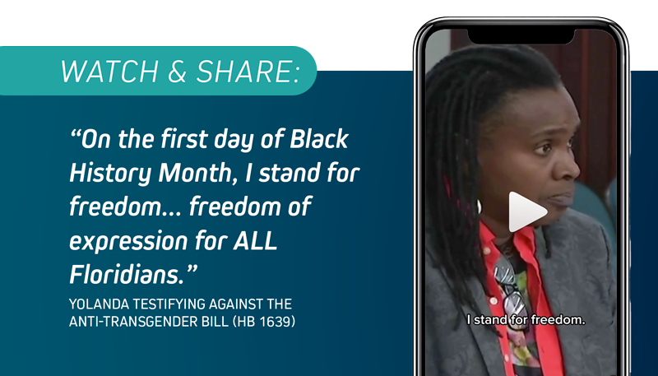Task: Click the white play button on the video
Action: point(526,212)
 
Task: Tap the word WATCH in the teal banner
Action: point(109,72)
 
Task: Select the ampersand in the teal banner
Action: point(177,72)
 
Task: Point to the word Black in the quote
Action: point(319,139)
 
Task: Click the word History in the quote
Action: point(110,174)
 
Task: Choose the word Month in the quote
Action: point(195,173)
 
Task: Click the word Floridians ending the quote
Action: point(127,275)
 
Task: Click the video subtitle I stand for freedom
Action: point(526,320)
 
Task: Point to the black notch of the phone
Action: point(521,36)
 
